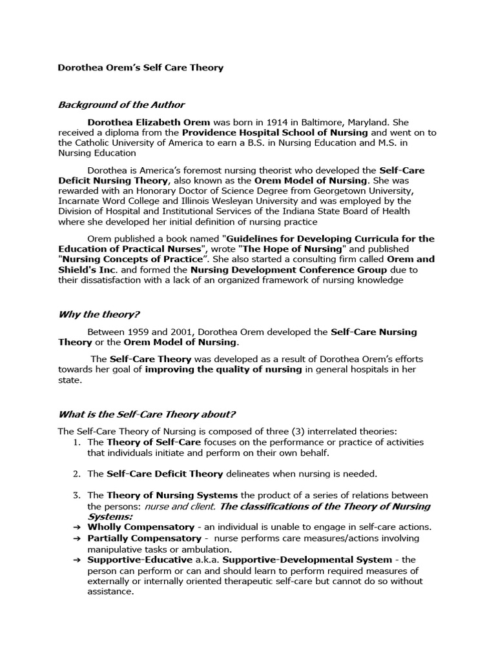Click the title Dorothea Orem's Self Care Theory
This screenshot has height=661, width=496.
(x=141, y=67)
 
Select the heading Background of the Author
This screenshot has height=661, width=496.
(x=121, y=105)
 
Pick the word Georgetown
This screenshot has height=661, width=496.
(x=358, y=190)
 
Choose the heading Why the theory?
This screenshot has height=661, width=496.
(x=98, y=315)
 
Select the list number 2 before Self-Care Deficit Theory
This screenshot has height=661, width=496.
(x=76, y=474)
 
